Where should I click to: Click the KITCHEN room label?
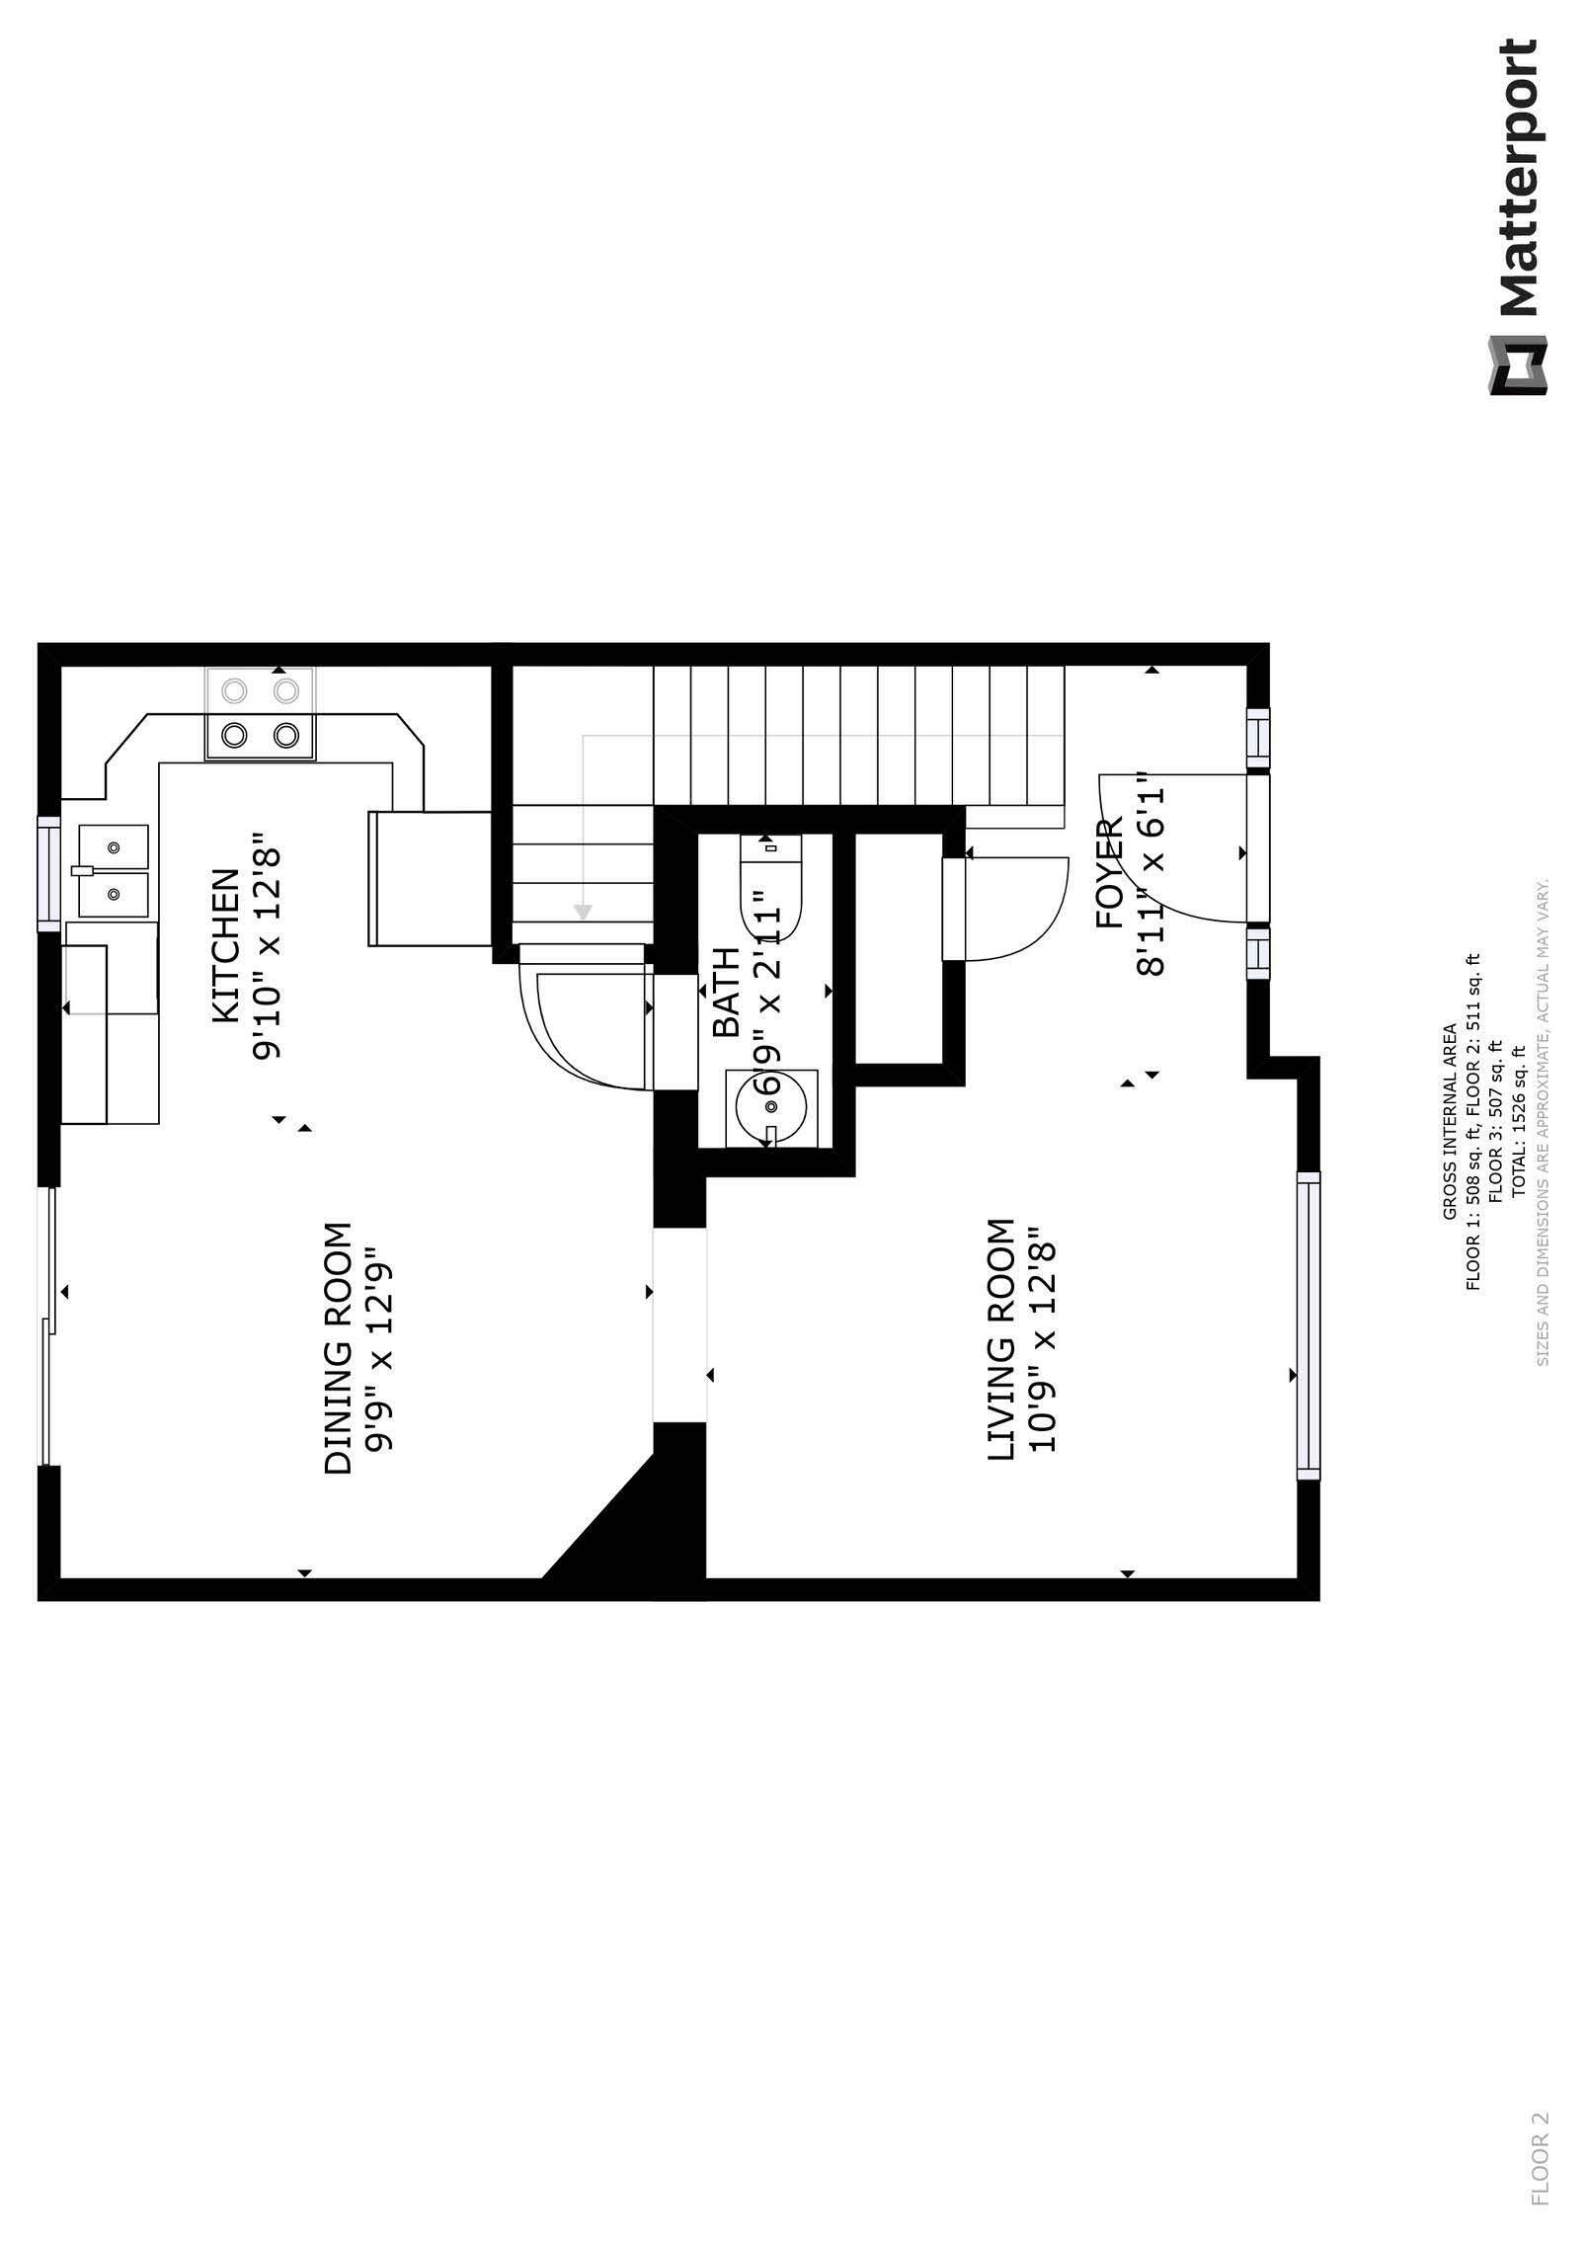[226, 945]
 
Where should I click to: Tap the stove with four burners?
[260, 714]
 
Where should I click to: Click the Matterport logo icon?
[1518, 366]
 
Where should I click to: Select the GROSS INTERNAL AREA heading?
[1450, 1122]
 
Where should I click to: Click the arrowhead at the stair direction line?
[583, 912]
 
